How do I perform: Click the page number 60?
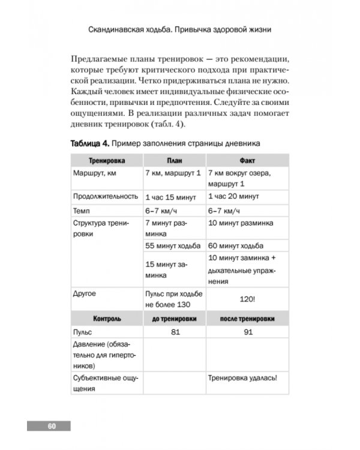tap(51, 426)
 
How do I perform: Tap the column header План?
tap(174, 161)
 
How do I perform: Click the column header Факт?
tap(247, 161)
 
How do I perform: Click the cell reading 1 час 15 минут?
tap(172, 197)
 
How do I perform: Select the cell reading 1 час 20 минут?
tap(233, 197)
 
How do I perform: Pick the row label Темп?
tap(82, 211)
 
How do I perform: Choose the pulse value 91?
tap(247, 331)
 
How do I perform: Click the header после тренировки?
tap(247, 318)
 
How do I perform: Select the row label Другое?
tap(85, 294)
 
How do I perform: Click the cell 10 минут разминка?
tap(241, 223)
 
